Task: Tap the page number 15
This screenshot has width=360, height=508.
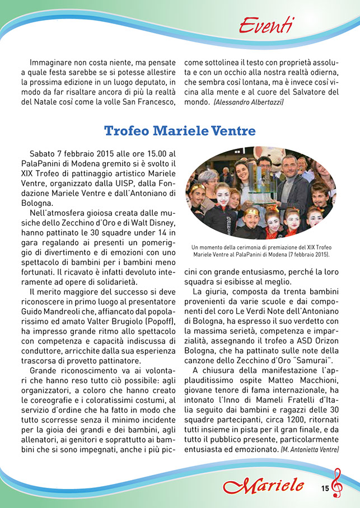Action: pyautogui.click(x=325, y=488)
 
